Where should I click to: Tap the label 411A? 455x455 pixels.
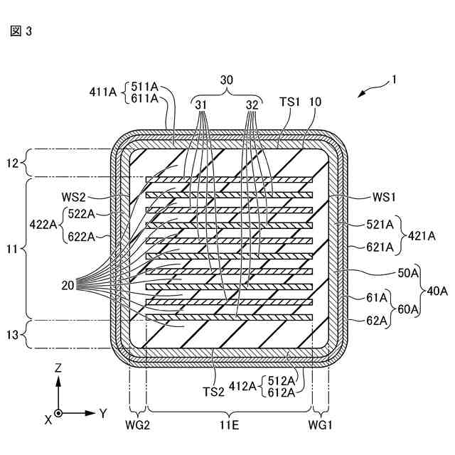click(x=105, y=92)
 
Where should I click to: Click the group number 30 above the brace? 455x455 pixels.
click(x=226, y=82)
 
